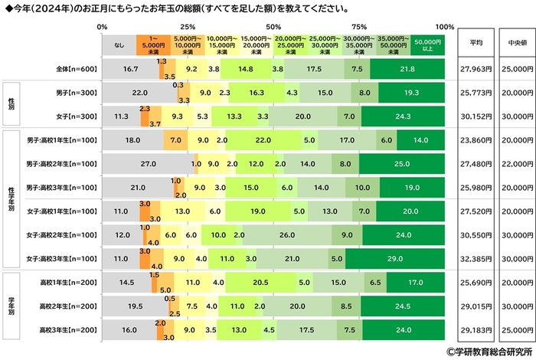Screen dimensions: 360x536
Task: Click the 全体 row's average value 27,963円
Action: [476, 68]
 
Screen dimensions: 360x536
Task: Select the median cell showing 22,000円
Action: [512, 165]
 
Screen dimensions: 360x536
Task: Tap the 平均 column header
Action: [476, 44]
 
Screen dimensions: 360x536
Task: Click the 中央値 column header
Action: [512, 44]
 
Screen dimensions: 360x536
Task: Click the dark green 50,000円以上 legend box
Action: [427, 44]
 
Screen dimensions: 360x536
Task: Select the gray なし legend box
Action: [119, 44]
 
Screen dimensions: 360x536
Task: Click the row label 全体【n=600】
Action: [76, 68]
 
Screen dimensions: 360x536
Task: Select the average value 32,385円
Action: [476, 258]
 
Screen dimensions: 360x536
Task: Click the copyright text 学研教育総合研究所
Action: [487, 352]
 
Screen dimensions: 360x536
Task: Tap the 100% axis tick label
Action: [443, 26]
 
